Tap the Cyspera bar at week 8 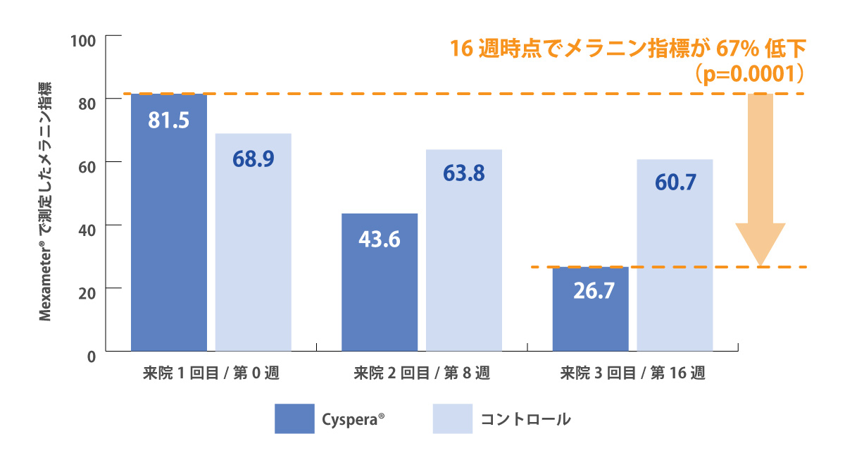[380, 282]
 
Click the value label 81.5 [169, 120]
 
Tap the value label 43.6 [380, 240]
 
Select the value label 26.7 [590, 291]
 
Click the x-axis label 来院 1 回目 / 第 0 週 [211, 374]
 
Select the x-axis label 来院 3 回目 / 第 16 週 [633, 374]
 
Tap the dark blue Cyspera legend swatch [294, 418]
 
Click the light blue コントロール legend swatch [451, 418]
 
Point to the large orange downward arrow [760, 183]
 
